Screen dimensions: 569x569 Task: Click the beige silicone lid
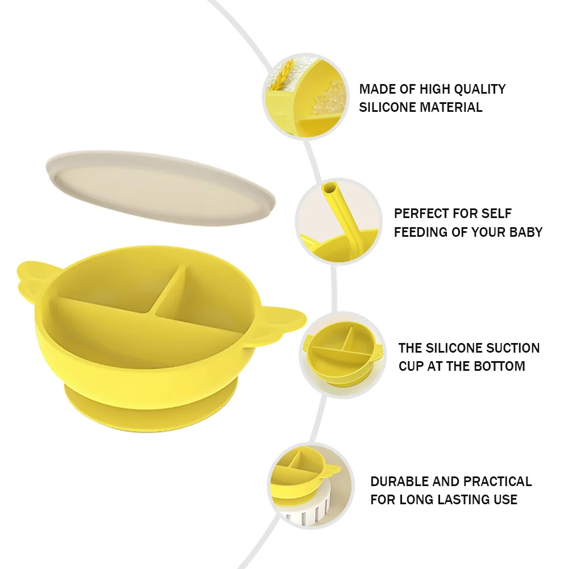tap(160, 188)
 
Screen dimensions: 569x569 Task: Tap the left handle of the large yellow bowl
tap(31, 276)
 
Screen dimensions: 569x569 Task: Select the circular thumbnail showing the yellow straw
tap(338, 221)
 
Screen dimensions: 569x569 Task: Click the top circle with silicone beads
tap(305, 96)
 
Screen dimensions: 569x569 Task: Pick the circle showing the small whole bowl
tap(343, 355)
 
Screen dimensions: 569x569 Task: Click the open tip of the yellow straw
tap(329, 189)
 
